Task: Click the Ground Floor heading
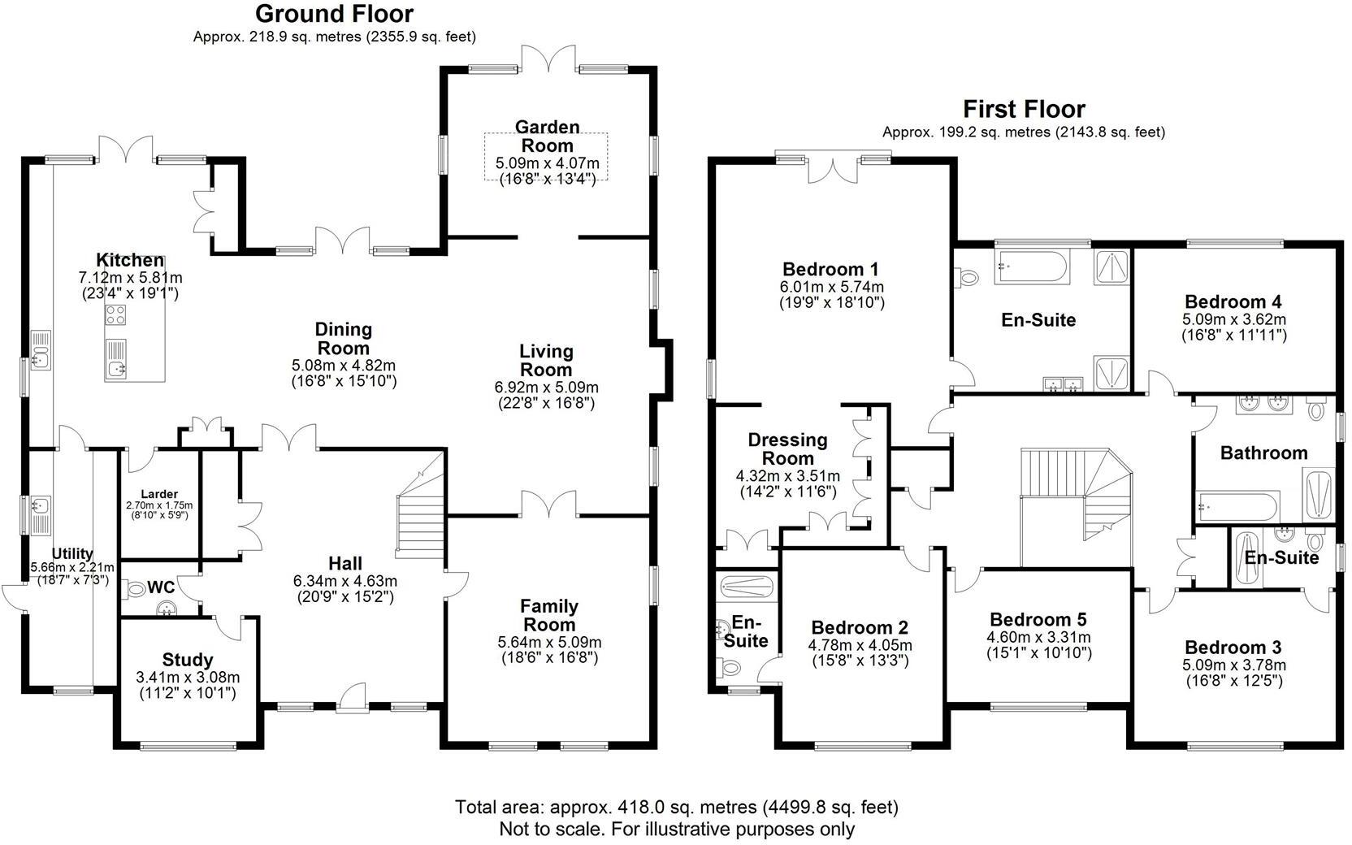click(x=334, y=14)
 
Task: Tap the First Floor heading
click(x=1023, y=109)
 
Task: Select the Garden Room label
click(x=547, y=136)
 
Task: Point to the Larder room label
click(x=159, y=494)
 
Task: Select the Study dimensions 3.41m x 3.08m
click(x=188, y=677)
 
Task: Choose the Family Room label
click(x=549, y=615)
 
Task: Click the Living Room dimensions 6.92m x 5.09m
click(x=546, y=388)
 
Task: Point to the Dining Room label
click(x=343, y=338)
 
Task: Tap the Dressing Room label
click(x=787, y=448)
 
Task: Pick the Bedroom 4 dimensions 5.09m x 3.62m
click(x=1233, y=319)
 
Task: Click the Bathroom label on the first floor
click(x=1263, y=453)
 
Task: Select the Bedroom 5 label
click(x=1038, y=620)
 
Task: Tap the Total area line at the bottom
click(x=676, y=808)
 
